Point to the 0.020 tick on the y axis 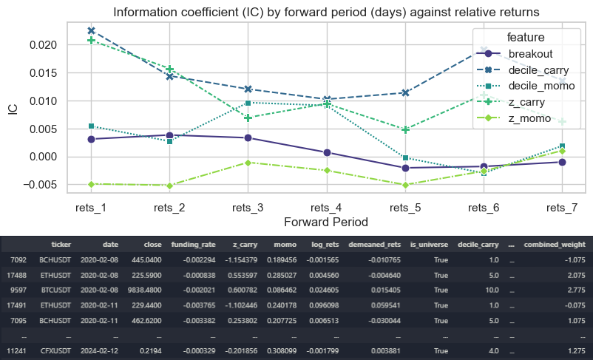click(x=43, y=44)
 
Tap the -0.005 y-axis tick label click(x=41, y=185)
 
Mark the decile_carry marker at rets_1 click(x=91, y=31)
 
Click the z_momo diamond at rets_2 click(x=169, y=186)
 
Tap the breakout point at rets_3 click(x=248, y=137)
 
